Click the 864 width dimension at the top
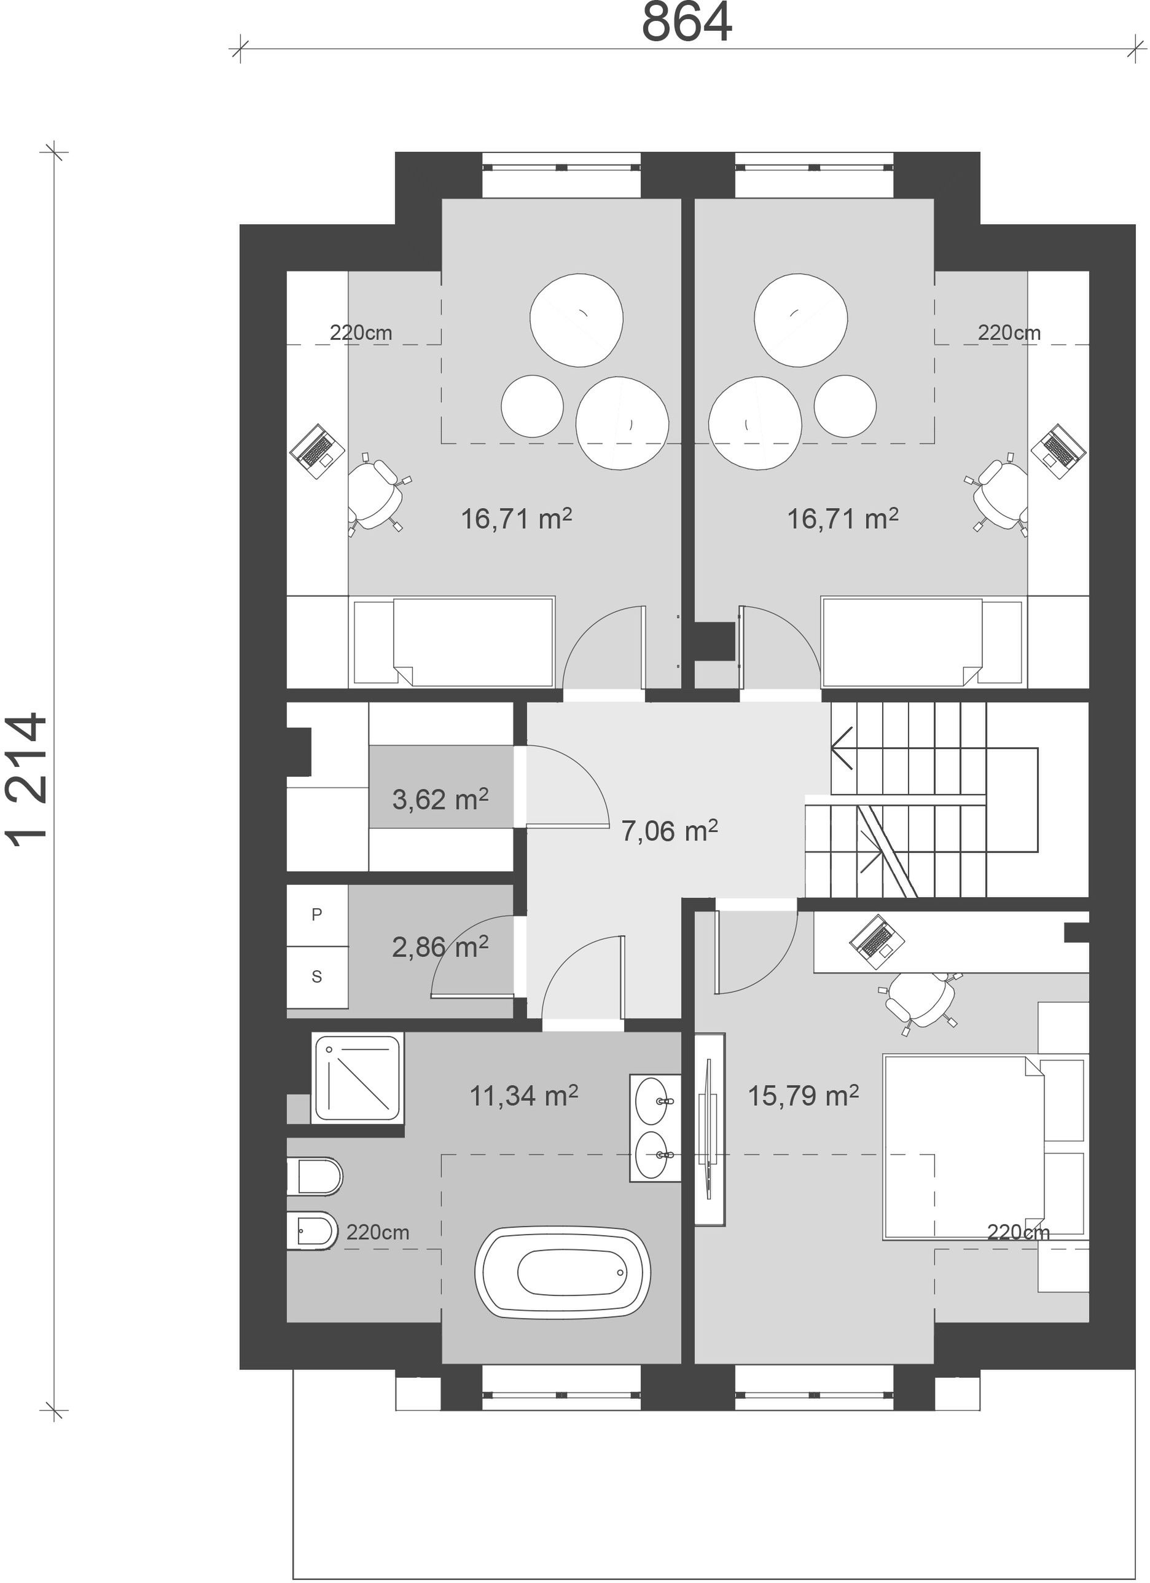click(x=687, y=22)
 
